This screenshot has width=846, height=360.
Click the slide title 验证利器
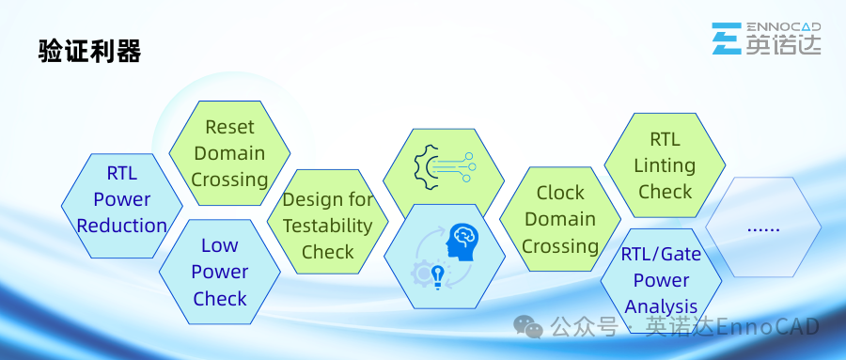(89, 52)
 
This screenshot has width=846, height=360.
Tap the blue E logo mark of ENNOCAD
(727, 39)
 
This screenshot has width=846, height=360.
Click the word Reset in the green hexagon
(229, 128)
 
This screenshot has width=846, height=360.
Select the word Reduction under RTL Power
(122, 226)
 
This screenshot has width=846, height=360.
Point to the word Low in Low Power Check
(220, 245)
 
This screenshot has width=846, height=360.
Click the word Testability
(327, 227)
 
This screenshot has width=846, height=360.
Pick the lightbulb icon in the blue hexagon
(438, 277)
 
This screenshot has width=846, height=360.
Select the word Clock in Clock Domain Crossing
(560, 193)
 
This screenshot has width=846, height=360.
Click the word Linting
(665, 165)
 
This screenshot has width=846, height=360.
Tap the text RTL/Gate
(661, 254)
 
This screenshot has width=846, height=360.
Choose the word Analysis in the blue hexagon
(661, 306)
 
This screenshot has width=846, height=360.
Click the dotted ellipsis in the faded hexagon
(763, 229)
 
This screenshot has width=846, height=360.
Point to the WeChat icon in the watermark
(528, 327)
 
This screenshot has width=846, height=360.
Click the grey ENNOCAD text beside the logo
(783, 27)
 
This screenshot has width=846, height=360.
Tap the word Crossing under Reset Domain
(229, 180)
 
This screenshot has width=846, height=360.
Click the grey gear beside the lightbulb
(421, 273)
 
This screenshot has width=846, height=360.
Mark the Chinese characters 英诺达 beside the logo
(783, 44)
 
